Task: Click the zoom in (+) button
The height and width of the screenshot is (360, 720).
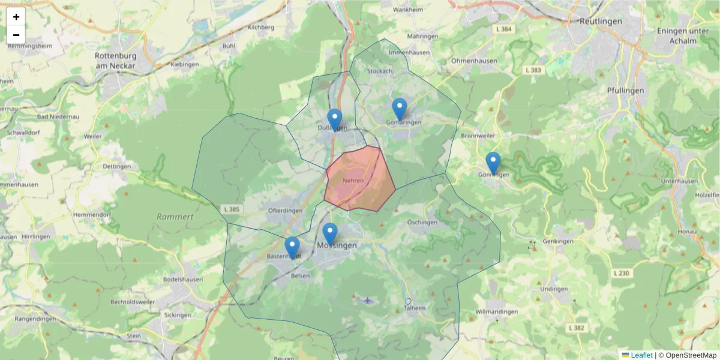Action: (16, 17)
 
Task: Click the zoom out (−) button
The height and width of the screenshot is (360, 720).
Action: (16, 35)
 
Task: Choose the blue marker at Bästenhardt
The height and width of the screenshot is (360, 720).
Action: (292, 247)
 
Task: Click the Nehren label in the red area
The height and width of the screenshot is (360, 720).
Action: (353, 181)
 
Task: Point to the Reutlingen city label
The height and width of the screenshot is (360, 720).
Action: (601, 21)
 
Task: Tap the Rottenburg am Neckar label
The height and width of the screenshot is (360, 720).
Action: (116, 60)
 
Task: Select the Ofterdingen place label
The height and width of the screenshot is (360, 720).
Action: (285, 211)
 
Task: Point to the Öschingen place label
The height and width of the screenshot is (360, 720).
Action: (422, 223)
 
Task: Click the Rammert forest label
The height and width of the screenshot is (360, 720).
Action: (175, 216)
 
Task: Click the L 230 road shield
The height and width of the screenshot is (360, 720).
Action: (623, 273)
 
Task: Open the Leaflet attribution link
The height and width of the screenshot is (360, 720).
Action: (641, 355)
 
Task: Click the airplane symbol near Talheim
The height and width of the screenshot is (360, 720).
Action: (367, 299)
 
